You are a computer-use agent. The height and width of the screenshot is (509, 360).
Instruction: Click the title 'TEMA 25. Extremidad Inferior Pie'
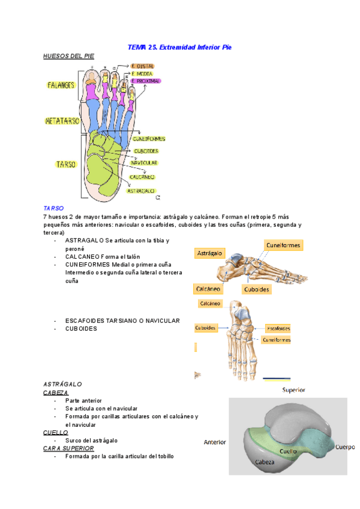click(x=180, y=46)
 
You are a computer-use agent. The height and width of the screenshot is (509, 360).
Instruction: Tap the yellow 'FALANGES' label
click(x=61, y=85)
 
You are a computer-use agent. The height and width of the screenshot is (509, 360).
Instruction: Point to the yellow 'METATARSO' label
click(x=62, y=121)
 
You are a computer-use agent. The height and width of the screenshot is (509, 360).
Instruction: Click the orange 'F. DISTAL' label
click(x=143, y=66)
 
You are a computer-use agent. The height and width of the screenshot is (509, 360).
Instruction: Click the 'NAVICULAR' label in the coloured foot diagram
click(x=144, y=163)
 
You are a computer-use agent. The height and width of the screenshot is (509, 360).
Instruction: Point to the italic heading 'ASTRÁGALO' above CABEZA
click(x=62, y=384)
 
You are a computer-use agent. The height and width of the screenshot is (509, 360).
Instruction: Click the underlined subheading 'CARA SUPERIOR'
click(x=68, y=448)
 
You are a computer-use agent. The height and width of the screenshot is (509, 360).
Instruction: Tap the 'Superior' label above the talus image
click(x=294, y=390)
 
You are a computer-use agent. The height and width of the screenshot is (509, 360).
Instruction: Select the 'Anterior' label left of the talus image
click(x=215, y=442)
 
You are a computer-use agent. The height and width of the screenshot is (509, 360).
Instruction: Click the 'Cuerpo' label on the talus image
click(x=344, y=447)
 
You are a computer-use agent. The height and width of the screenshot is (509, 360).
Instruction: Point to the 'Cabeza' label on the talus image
click(x=265, y=462)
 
